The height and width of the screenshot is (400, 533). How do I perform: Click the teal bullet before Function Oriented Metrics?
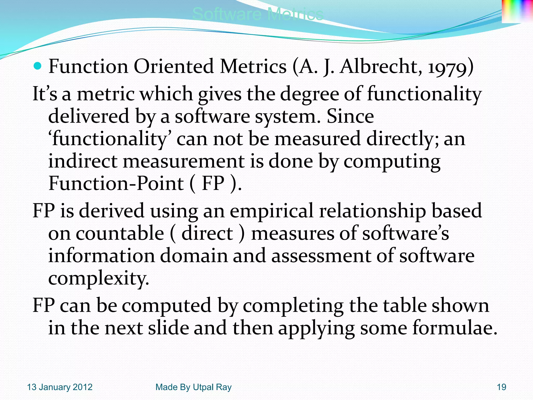(38, 66)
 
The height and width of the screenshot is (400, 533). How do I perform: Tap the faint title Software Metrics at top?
(258, 14)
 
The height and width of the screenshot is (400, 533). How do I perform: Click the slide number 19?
(502, 387)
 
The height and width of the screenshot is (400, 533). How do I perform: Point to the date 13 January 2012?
(60, 387)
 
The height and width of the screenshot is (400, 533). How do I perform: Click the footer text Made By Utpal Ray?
(193, 387)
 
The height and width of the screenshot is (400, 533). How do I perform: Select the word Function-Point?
(116, 183)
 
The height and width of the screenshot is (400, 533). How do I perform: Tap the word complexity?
(98, 278)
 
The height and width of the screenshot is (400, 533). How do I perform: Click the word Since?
(350, 116)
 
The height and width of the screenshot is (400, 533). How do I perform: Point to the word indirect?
(83, 161)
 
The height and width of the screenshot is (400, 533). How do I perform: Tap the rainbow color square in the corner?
(517, 11)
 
